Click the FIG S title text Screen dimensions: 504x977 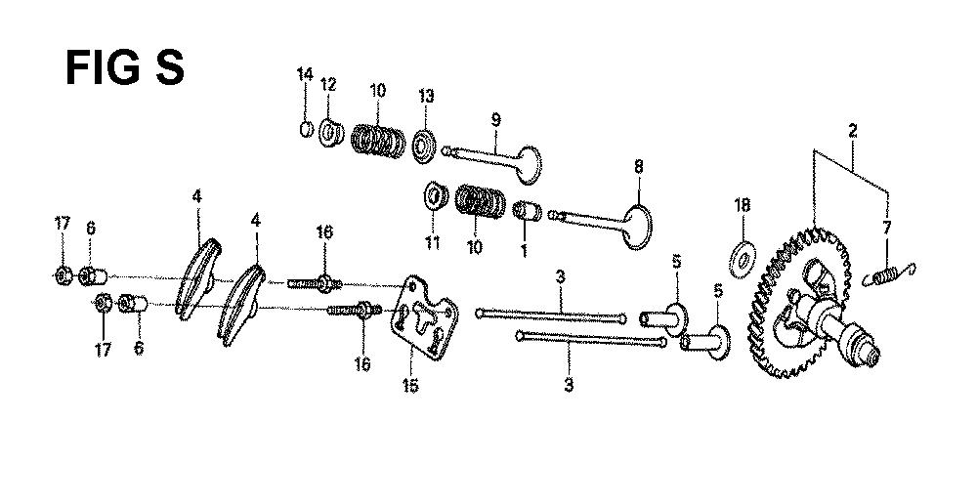pos(124,69)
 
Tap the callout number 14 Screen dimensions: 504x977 pos(305,75)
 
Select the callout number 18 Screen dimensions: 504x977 pos(743,206)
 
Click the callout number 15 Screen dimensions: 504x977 pos(409,386)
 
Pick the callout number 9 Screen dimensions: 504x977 pos(495,120)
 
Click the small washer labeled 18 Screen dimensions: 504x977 pos(743,257)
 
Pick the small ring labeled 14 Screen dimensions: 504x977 pos(304,128)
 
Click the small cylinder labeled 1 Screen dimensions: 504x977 pos(528,211)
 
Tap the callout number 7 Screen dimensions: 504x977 pos(886,228)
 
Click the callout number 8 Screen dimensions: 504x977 pos(639,167)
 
